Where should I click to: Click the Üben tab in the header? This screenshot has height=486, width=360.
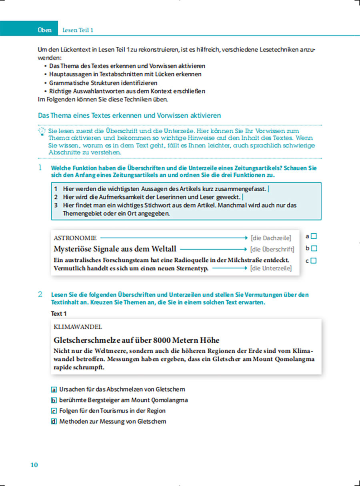click(x=44, y=30)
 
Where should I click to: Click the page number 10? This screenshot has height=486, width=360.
click(x=34, y=465)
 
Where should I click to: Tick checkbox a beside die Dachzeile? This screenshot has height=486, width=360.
click(x=314, y=236)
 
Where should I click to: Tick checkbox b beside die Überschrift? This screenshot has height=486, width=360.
click(x=314, y=248)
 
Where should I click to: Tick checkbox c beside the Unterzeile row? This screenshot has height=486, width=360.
click(x=314, y=261)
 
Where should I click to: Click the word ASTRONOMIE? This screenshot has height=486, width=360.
click(x=75, y=238)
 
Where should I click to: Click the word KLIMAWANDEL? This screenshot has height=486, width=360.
click(x=78, y=327)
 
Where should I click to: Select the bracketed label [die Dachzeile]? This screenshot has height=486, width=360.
click(x=271, y=238)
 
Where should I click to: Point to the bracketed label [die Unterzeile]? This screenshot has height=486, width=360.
click(x=271, y=268)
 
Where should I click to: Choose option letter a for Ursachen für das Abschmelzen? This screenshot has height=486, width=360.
click(x=54, y=389)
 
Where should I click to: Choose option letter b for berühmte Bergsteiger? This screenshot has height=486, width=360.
click(x=54, y=400)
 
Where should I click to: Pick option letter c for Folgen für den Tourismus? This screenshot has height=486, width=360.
click(x=54, y=411)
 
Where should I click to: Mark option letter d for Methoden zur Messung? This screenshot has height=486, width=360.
click(x=54, y=422)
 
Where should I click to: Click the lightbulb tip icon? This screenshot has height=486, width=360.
click(x=42, y=131)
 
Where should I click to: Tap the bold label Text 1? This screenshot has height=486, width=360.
click(x=59, y=314)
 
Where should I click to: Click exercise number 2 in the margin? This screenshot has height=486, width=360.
click(x=40, y=294)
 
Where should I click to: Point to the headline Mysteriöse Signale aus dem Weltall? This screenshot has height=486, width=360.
click(x=115, y=249)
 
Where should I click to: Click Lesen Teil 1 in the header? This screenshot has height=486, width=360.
click(x=78, y=30)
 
